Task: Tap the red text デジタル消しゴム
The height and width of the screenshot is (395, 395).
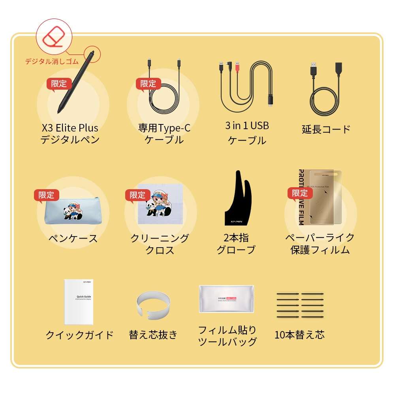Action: tap(52, 61)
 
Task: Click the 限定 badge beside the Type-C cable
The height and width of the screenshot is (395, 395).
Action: tap(148, 84)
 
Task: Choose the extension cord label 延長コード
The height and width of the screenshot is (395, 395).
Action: tap(326, 129)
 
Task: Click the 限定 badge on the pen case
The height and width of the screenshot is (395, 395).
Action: tap(46, 195)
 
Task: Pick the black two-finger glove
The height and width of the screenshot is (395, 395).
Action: tap(238, 201)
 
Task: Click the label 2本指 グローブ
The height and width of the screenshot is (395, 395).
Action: tap(236, 244)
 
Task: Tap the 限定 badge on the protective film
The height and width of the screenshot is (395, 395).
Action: tap(300, 193)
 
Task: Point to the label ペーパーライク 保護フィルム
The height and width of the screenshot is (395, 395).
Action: tap(320, 244)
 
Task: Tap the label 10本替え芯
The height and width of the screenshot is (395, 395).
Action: tap(299, 335)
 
